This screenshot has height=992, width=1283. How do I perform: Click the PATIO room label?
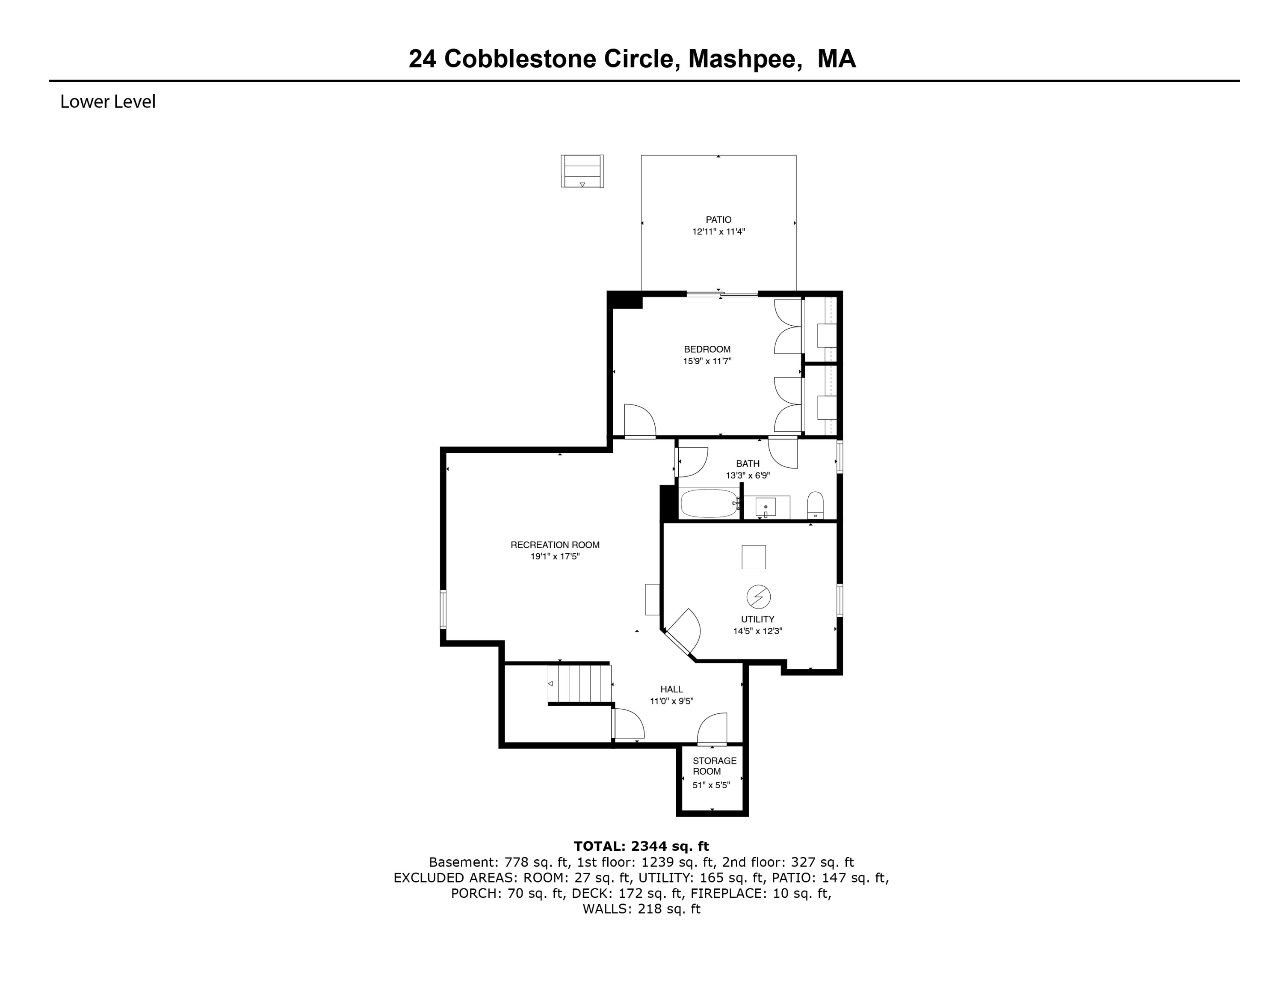(x=718, y=220)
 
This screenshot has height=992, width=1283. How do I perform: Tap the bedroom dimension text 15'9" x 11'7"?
(x=707, y=362)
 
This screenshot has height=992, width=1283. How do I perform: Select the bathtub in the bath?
(x=709, y=504)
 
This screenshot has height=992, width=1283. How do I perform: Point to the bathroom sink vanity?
(x=766, y=507)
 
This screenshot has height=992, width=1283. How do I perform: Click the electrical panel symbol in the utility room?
(x=758, y=597)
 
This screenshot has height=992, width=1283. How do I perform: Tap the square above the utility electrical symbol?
(x=754, y=557)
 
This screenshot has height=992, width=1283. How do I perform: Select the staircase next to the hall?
(x=580, y=683)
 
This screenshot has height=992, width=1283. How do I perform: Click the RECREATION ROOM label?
(x=555, y=545)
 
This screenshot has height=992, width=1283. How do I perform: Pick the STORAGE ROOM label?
(x=714, y=766)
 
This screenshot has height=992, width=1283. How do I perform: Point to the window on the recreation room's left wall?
(x=443, y=610)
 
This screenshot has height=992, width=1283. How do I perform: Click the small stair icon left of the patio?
(x=582, y=171)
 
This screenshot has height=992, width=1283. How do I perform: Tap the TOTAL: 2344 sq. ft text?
(x=641, y=846)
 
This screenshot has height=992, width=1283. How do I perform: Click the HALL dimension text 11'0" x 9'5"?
(x=671, y=701)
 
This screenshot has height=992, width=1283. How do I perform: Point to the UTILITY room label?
(x=757, y=619)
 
